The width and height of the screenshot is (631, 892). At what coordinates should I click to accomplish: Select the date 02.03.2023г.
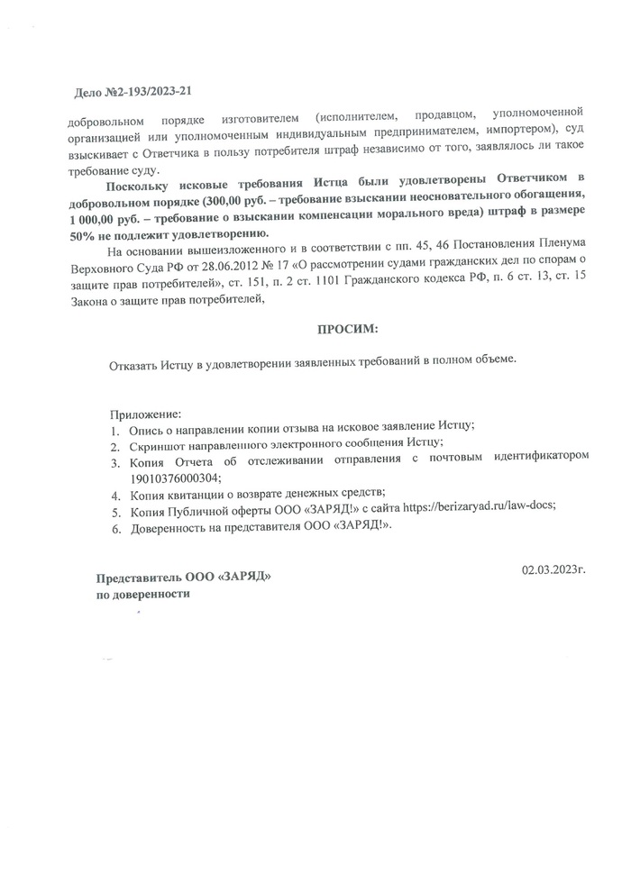point(553,569)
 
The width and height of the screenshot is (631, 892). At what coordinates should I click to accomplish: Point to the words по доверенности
point(144,594)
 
